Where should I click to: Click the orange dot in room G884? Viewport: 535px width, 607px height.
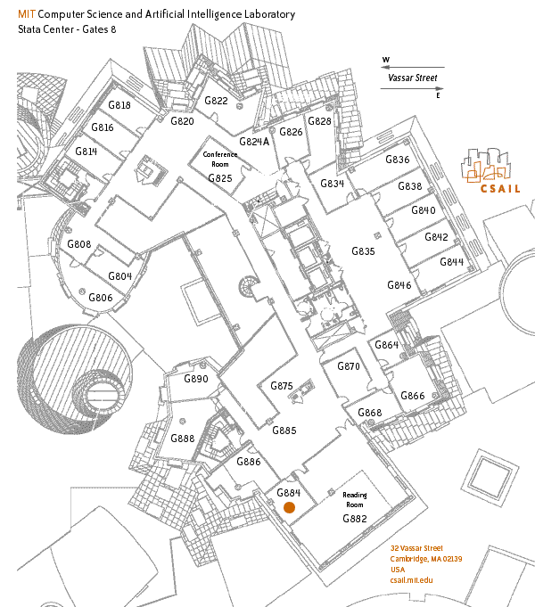(289, 507)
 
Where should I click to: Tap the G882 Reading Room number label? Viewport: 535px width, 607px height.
(355, 519)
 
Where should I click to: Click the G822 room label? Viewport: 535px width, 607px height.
(216, 101)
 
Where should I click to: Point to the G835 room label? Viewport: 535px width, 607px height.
(364, 251)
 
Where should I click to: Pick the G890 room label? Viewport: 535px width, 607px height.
(196, 379)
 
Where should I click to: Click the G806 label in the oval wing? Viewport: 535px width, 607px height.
(101, 298)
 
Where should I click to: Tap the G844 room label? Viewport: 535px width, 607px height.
(452, 262)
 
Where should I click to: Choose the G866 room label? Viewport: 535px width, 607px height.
(413, 396)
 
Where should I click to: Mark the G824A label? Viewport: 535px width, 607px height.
(254, 142)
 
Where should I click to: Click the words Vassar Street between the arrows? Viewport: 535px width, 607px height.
(413, 78)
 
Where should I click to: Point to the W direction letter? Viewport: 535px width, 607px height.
(386, 60)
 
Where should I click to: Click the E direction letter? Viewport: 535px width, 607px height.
(438, 95)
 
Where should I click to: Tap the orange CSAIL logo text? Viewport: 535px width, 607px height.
(500, 189)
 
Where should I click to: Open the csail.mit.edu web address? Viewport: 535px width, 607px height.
(411, 580)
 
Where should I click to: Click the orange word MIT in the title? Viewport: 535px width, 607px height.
(27, 14)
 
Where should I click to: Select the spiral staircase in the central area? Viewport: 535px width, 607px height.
(248, 286)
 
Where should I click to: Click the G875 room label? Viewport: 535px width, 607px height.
(282, 386)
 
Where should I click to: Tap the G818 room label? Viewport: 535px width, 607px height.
(119, 105)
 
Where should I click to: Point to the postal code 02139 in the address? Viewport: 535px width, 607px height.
(452, 559)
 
